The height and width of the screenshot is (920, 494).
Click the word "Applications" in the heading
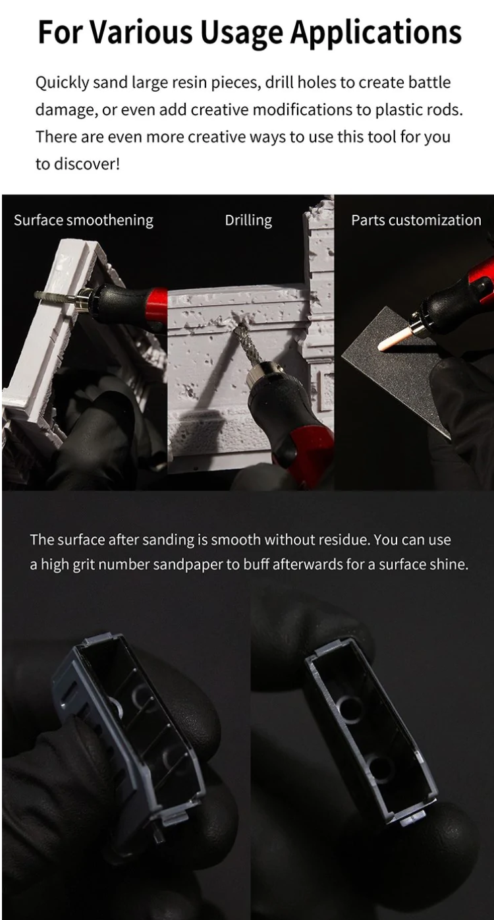[x=375, y=33]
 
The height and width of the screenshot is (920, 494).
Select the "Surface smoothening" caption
[x=84, y=221]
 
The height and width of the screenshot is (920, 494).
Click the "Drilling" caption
[x=248, y=221]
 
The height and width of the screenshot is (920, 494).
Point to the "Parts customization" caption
[x=416, y=220]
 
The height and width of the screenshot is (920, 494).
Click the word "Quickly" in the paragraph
[x=62, y=83]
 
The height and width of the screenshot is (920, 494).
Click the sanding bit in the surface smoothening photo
[x=53, y=296]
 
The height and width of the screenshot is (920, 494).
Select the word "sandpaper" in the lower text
[x=192, y=564]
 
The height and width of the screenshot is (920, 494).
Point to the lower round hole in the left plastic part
[x=172, y=764]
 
